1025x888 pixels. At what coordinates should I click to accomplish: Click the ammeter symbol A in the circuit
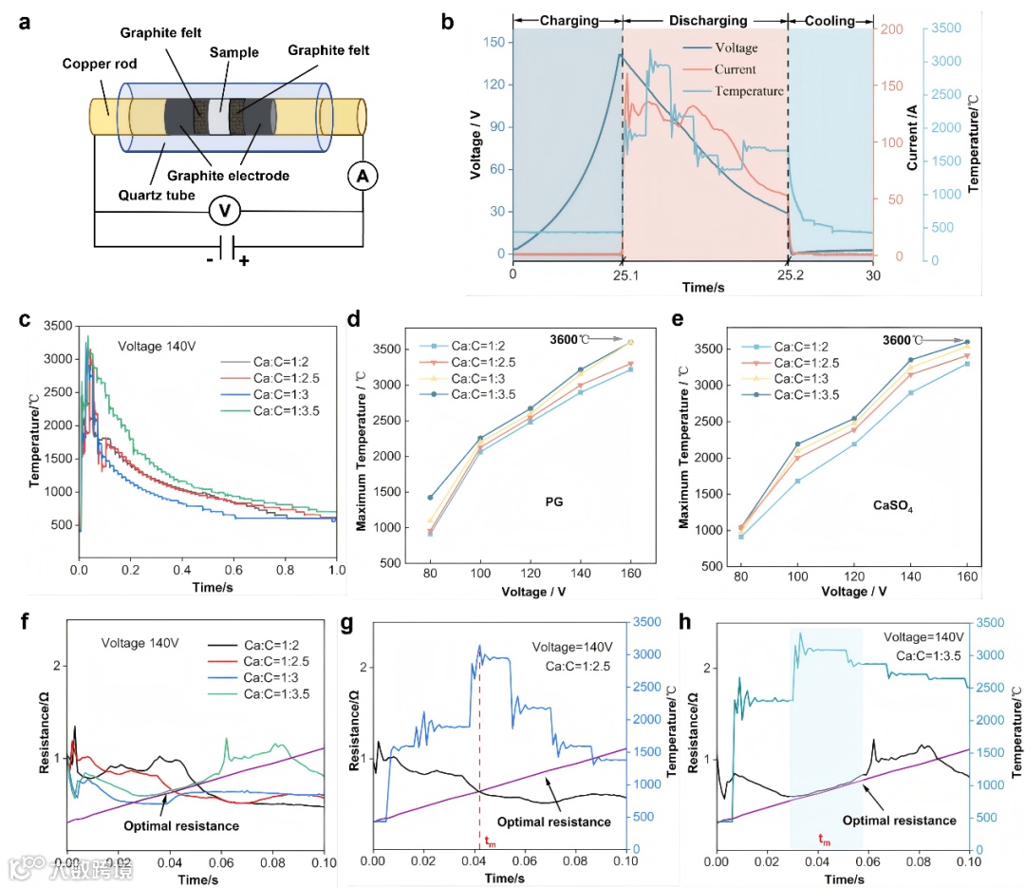pos(363,176)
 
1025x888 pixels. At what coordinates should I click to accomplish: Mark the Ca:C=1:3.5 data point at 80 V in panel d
pos(430,497)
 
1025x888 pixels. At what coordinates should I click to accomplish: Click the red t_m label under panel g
pos(490,840)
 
